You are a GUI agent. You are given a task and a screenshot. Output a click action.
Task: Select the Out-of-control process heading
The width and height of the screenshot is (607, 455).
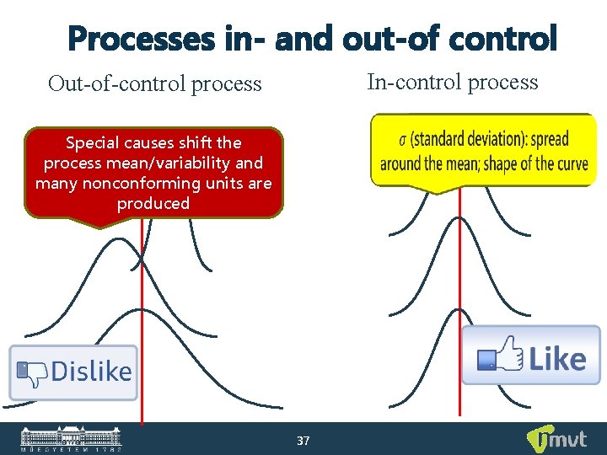[154, 83]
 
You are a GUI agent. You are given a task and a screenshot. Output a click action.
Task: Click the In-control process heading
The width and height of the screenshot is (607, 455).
[452, 82]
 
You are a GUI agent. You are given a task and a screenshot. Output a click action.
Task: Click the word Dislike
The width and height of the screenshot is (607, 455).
[91, 372]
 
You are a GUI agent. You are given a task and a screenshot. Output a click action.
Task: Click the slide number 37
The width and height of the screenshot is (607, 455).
[303, 441]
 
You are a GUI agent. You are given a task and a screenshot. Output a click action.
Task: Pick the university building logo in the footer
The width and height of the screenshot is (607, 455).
[71, 438]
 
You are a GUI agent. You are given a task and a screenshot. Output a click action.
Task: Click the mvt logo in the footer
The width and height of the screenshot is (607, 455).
[552, 439]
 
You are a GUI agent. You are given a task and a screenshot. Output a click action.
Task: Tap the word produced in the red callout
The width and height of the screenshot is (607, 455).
[153, 203]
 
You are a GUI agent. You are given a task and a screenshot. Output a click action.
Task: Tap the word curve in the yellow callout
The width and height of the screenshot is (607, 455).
[567, 163]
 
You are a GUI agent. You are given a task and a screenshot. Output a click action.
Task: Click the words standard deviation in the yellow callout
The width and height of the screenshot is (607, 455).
[466, 138]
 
